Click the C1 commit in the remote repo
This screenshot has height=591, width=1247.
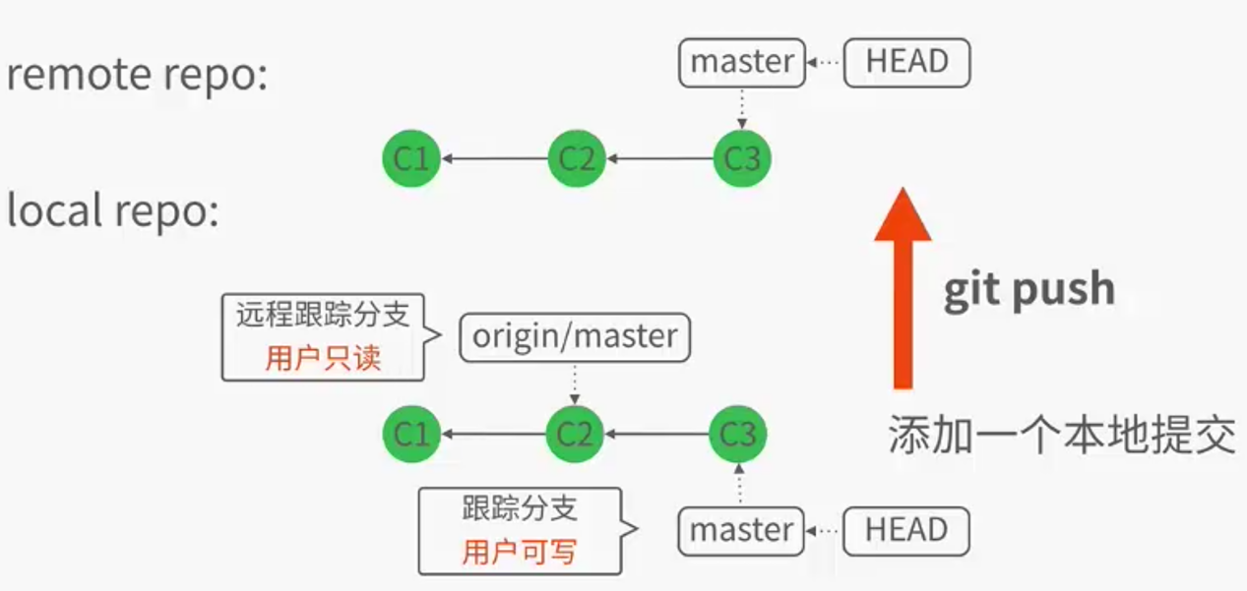point(410,158)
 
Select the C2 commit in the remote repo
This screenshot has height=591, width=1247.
point(576,158)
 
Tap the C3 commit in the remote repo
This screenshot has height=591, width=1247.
point(742,158)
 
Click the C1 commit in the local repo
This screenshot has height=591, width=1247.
point(410,434)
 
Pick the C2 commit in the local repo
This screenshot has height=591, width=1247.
point(575,434)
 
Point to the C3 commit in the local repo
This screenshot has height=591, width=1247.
point(738,434)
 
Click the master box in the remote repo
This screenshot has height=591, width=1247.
point(742,62)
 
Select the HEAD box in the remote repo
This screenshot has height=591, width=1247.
point(906,62)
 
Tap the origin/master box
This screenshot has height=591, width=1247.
point(575,337)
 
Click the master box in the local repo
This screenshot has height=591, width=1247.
point(741,531)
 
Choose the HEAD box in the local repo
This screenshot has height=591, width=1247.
point(905,531)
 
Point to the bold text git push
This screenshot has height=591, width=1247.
point(1029,290)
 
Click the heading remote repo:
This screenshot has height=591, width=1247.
point(137,76)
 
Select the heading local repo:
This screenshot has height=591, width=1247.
point(113,210)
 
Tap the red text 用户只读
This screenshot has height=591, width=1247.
point(322,359)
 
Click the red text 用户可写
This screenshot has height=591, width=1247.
point(519,552)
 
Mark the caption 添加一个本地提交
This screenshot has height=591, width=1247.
point(1061,435)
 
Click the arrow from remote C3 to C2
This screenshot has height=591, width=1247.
point(659,158)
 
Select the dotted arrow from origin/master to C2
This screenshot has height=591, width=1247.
point(575,382)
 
